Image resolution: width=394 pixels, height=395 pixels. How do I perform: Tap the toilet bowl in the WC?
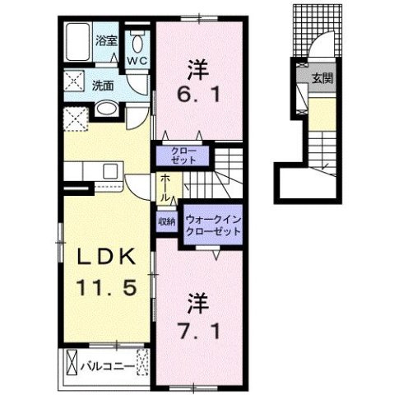pos(137,43)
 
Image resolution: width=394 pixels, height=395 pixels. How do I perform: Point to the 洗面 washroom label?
pos(102,85)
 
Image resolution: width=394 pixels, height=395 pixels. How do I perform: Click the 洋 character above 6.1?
pos(198,67)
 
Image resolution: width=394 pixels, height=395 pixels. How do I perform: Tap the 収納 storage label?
pos(166,221)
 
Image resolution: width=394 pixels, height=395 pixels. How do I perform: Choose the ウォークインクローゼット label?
pos(213,225)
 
